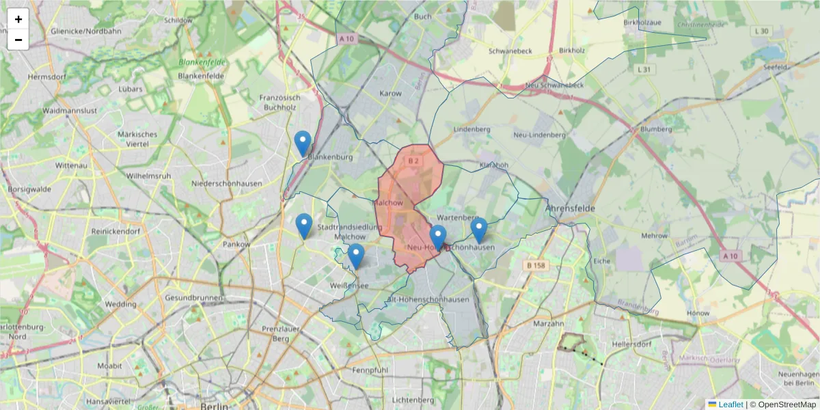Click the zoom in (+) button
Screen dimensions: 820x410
pyautogui.click(x=18, y=19)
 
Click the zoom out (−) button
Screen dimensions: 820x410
pyautogui.click(x=18, y=40)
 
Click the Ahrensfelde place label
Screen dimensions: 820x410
pyautogui.click(x=571, y=208)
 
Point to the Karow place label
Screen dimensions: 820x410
pyautogui.click(x=391, y=93)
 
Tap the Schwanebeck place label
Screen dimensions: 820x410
pyautogui.click(x=510, y=51)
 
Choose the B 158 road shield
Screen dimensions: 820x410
pyautogui.click(x=538, y=264)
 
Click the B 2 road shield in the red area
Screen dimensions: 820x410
pyautogui.click(x=413, y=161)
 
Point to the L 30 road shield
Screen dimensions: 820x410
pyautogui.click(x=761, y=31)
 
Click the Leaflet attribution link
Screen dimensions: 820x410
pyautogui.click(x=730, y=405)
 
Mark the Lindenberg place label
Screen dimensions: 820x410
pyautogui.click(x=472, y=129)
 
